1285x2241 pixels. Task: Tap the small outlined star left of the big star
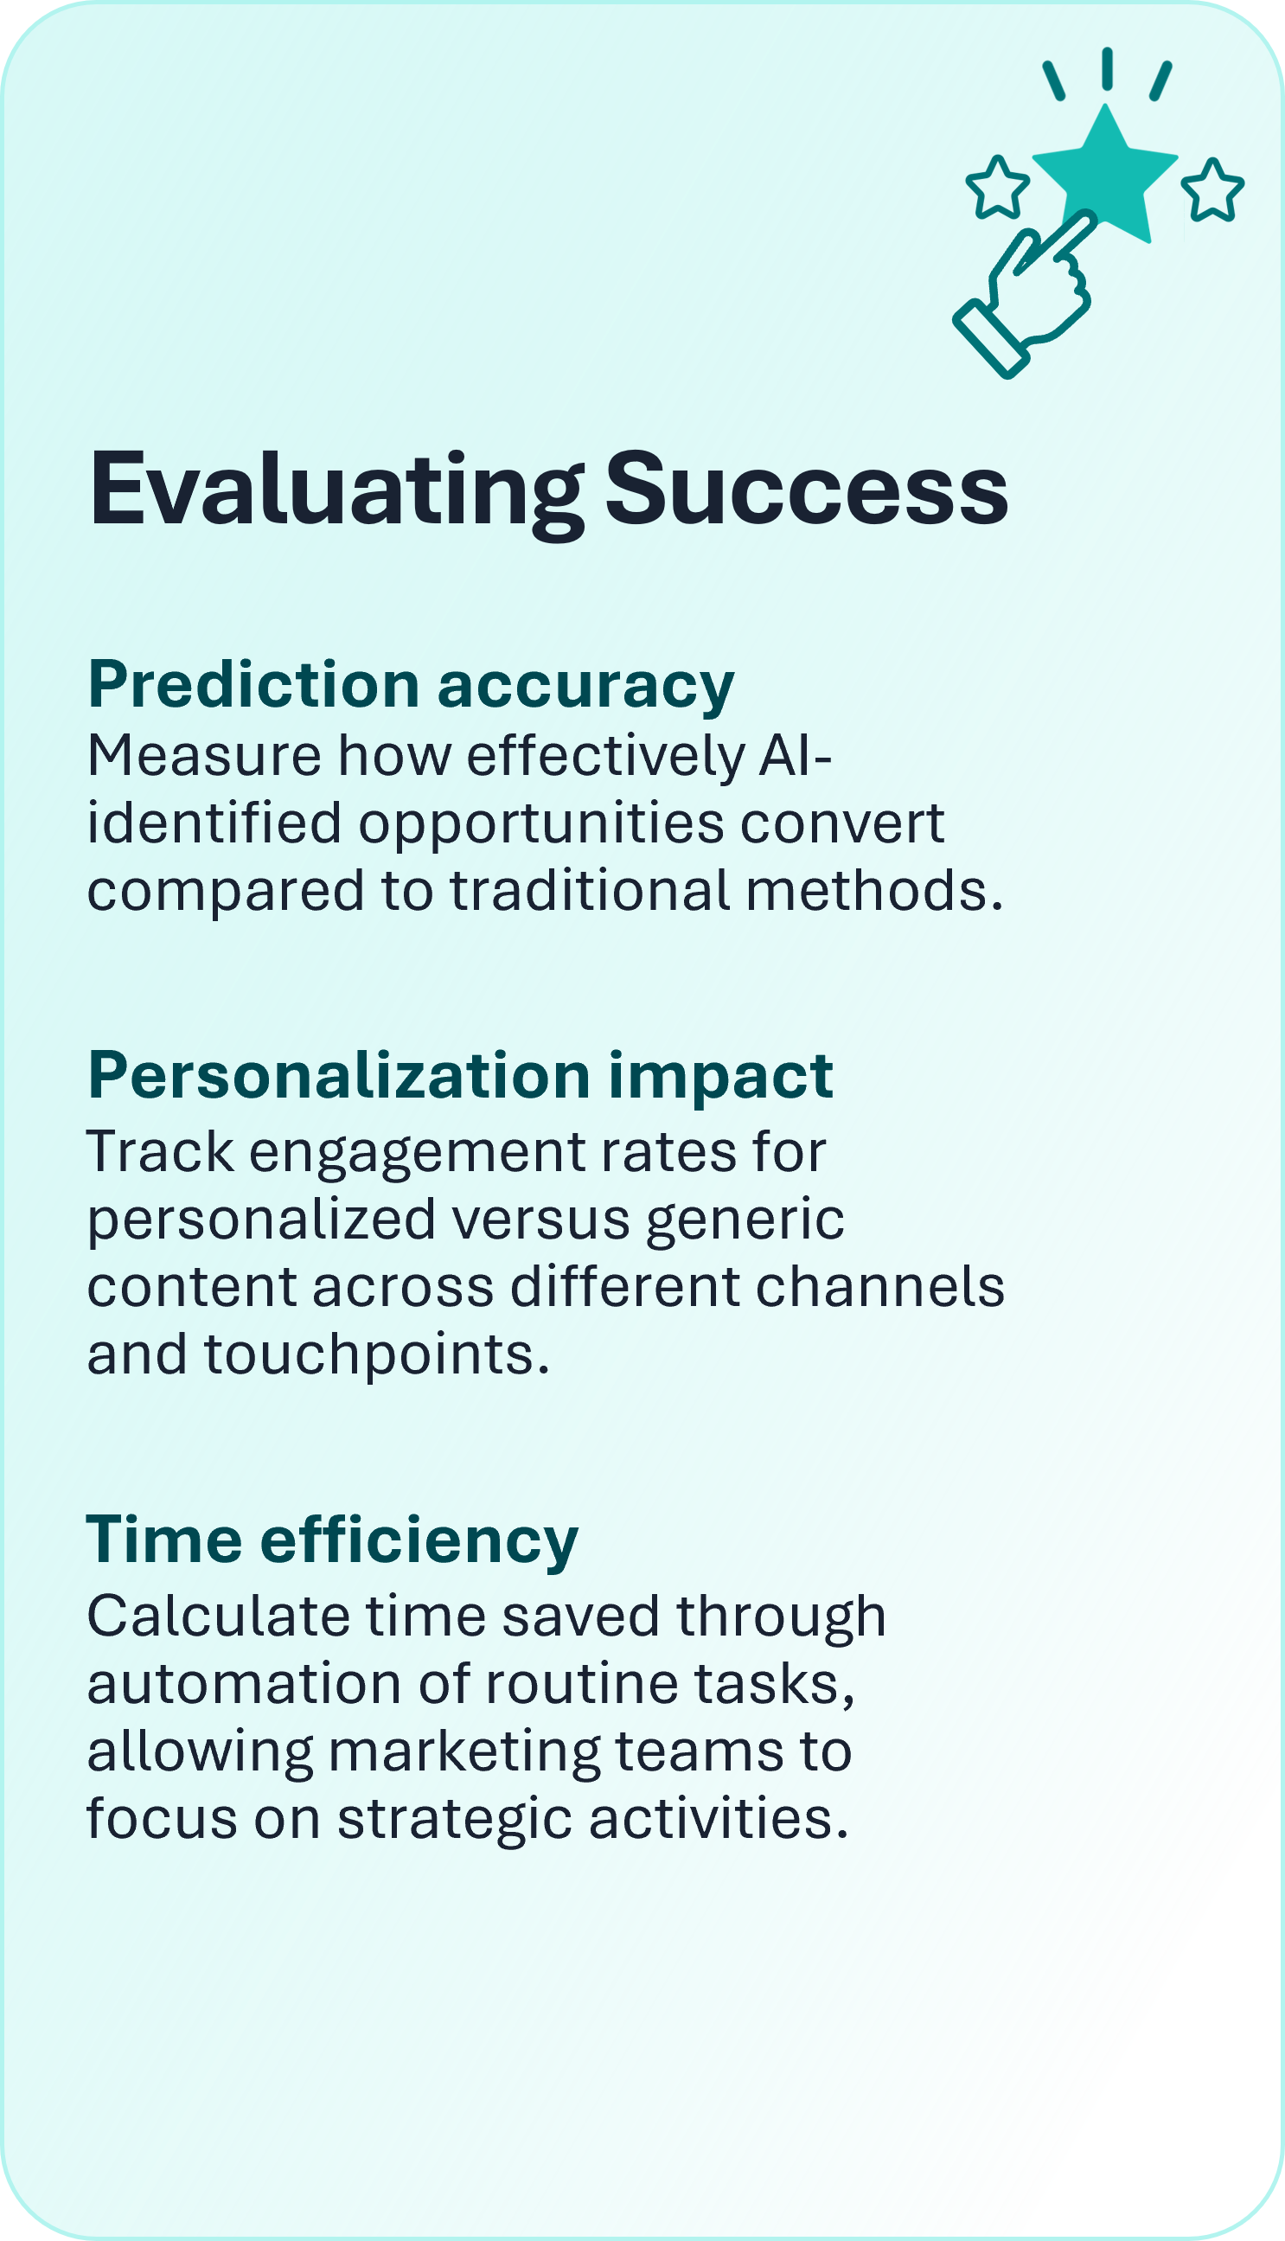click(x=997, y=187)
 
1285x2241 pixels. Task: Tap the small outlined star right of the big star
click(x=1212, y=189)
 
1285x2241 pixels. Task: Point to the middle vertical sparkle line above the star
click(x=1107, y=68)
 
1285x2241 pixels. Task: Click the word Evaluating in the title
click(x=336, y=491)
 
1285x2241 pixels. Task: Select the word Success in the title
click(x=806, y=489)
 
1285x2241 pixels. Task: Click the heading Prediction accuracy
click(x=412, y=686)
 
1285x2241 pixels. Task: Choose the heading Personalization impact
click(x=461, y=1077)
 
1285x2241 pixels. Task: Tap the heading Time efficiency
click(x=332, y=1540)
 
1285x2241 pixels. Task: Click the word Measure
click(x=204, y=757)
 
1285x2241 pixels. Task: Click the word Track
click(x=160, y=1152)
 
